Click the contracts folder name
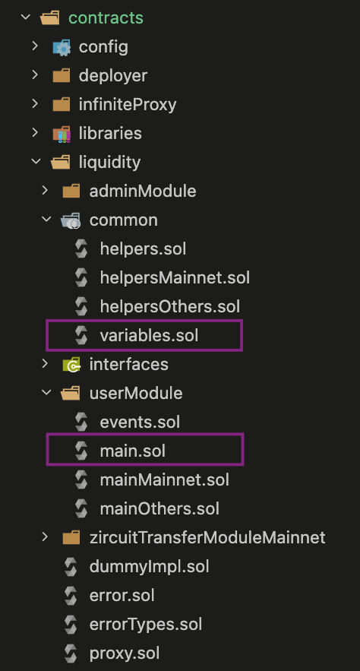(106, 18)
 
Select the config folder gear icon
(62, 47)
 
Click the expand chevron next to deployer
(35, 75)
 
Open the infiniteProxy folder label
(128, 104)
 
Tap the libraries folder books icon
(62, 134)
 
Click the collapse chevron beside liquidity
(36, 162)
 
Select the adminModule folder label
(143, 191)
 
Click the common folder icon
(71, 220)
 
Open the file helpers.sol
(143, 248)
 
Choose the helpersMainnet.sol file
(175, 277)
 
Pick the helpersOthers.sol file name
(169, 306)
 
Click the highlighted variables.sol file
(149, 336)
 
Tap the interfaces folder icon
(71, 365)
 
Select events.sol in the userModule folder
(140, 423)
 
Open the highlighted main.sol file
(133, 451)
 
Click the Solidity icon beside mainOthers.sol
(81, 509)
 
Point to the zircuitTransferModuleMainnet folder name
(207, 537)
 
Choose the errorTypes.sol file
(146, 625)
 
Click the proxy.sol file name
(125, 654)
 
